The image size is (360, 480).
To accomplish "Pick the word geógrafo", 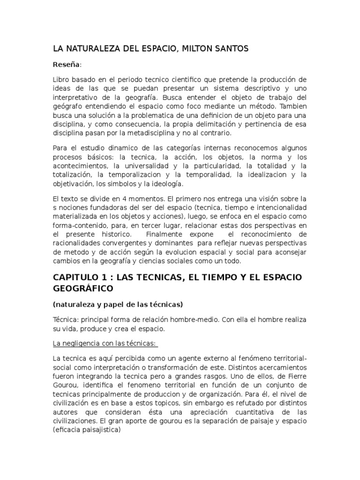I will pos(67,106).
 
